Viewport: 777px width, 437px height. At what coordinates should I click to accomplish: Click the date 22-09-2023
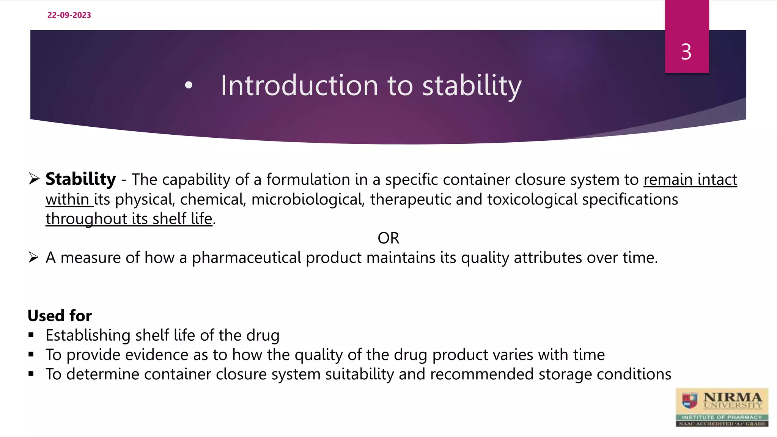click(x=69, y=15)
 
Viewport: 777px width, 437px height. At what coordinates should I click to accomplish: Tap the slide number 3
click(x=686, y=52)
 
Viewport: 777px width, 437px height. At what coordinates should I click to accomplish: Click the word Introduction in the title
click(x=299, y=86)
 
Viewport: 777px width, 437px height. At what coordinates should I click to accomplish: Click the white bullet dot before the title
click(x=189, y=86)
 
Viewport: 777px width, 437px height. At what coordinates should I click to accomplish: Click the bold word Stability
click(x=80, y=179)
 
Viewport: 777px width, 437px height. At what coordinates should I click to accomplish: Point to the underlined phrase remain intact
click(x=690, y=179)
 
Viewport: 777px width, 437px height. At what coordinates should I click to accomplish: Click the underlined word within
click(x=68, y=200)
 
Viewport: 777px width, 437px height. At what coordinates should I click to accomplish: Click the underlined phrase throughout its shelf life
click(x=129, y=219)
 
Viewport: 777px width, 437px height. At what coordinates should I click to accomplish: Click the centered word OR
click(x=388, y=238)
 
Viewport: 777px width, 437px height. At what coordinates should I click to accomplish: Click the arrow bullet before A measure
click(x=34, y=258)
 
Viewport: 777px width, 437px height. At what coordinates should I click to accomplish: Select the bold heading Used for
click(x=60, y=316)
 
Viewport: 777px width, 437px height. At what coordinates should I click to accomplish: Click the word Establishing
click(x=88, y=335)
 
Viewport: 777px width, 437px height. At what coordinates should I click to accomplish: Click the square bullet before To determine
click(x=31, y=374)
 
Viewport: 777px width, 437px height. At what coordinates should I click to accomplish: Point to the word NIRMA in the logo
click(x=732, y=397)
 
